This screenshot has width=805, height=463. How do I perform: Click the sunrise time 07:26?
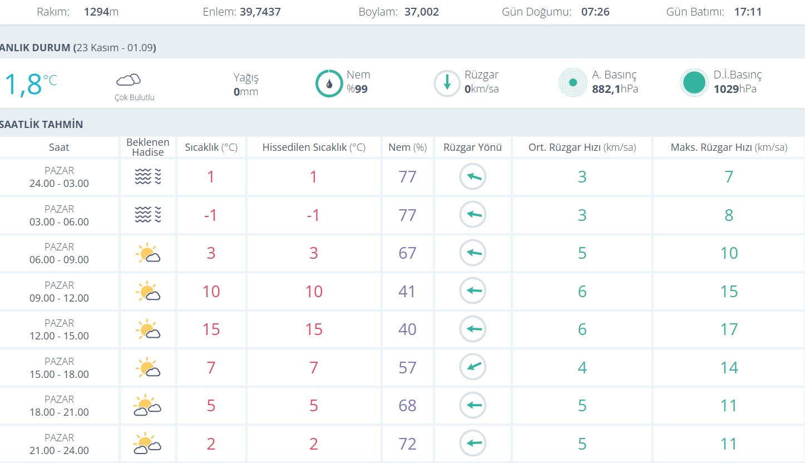(x=595, y=12)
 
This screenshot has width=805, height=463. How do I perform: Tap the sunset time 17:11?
(x=748, y=12)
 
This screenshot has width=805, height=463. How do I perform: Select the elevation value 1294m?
(x=101, y=12)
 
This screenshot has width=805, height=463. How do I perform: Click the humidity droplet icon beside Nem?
(x=329, y=83)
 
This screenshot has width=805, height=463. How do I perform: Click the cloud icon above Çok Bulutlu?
(x=128, y=80)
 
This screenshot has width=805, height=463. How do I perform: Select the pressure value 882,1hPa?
(x=615, y=89)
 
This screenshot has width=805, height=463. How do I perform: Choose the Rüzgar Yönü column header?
(x=473, y=147)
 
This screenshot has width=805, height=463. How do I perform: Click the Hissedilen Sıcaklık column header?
(x=314, y=147)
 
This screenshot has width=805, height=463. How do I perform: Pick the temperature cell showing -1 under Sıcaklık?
(x=210, y=215)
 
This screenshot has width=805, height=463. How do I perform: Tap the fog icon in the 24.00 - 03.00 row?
(x=147, y=177)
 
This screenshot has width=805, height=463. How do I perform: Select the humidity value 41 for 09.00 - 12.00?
(x=407, y=292)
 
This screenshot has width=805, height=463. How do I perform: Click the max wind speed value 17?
(x=729, y=329)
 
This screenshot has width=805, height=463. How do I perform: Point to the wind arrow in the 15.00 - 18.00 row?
(x=473, y=367)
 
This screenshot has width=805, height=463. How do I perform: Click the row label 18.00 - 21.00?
(x=59, y=412)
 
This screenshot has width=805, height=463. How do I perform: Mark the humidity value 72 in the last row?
(x=407, y=444)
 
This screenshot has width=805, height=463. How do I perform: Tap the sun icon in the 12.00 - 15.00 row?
(x=147, y=330)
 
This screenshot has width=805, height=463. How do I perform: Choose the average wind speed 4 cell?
(x=582, y=367)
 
